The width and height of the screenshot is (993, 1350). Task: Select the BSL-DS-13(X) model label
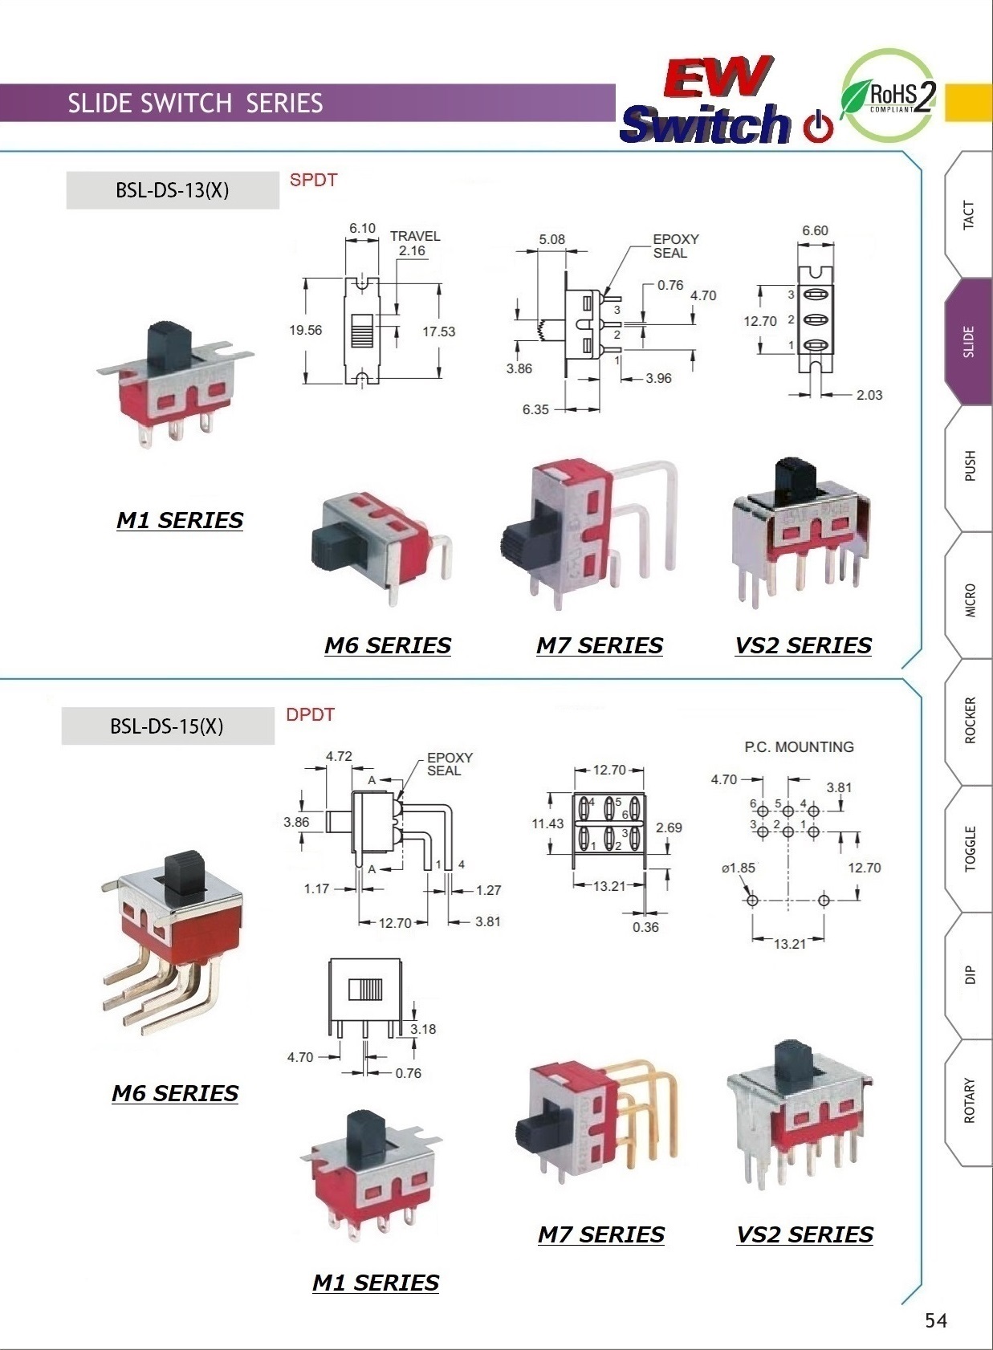pyautogui.click(x=173, y=190)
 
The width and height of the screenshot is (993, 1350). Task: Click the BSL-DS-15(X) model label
pyautogui.click(x=167, y=726)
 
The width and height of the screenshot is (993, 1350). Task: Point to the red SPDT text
pyautogui.click(x=313, y=180)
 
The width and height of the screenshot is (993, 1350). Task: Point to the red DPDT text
pyautogui.click(x=310, y=714)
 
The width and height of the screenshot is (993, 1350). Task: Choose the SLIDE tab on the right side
pyautogui.click(x=969, y=342)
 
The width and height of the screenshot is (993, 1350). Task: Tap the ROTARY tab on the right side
pyautogui.click(x=969, y=1100)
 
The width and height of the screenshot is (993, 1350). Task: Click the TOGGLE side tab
pyautogui.click(x=970, y=848)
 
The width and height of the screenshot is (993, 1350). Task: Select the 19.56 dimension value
pyautogui.click(x=306, y=330)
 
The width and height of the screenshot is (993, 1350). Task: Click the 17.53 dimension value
pyautogui.click(x=438, y=331)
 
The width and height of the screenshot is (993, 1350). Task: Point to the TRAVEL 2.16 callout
pyautogui.click(x=414, y=243)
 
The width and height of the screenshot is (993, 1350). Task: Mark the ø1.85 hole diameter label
pyautogui.click(x=738, y=868)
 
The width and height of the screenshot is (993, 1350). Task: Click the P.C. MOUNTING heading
pyautogui.click(x=799, y=747)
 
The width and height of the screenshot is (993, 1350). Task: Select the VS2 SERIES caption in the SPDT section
pyautogui.click(x=803, y=645)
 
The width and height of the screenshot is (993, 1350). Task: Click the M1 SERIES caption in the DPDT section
pyautogui.click(x=375, y=1283)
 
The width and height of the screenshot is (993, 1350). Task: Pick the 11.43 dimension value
pyautogui.click(x=547, y=823)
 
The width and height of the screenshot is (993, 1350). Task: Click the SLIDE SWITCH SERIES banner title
pyautogui.click(x=195, y=104)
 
